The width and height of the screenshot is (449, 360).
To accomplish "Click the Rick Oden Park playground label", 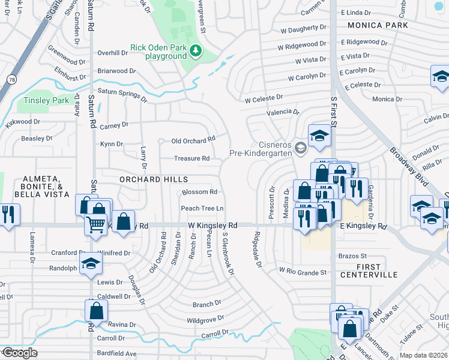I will (159, 52).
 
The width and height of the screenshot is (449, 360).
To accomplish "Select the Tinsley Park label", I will (46, 100).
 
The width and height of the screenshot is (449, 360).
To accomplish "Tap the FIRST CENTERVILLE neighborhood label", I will (369, 271).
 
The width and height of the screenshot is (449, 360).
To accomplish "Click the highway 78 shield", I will (11, 79).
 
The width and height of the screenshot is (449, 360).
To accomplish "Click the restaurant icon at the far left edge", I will (8, 214).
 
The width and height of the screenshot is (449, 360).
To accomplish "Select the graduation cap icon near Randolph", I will (91, 263).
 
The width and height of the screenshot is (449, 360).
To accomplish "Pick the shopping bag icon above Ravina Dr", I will (97, 310).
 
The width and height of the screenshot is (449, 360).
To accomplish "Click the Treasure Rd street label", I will (191, 158).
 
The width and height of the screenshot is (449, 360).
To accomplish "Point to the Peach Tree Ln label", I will (202, 208).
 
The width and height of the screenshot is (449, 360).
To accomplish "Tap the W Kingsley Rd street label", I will (212, 225).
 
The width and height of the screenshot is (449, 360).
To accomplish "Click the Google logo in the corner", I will (20, 353).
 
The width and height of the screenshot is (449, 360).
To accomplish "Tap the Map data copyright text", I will (423, 355).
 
